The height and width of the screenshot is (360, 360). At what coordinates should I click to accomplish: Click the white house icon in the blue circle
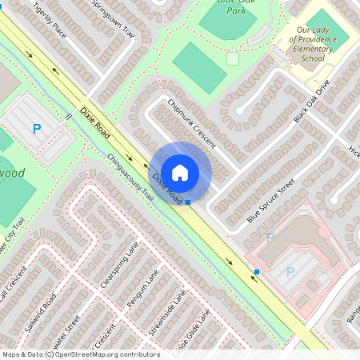point(180,172)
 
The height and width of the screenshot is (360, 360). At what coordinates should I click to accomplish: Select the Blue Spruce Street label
point(271,201)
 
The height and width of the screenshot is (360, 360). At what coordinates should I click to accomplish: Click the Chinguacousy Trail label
point(129,177)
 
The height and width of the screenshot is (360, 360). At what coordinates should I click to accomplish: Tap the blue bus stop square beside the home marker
point(188,202)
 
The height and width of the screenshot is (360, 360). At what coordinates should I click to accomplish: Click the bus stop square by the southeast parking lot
point(256,273)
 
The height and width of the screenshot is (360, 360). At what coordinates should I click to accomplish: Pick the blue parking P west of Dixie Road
point(36,128)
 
